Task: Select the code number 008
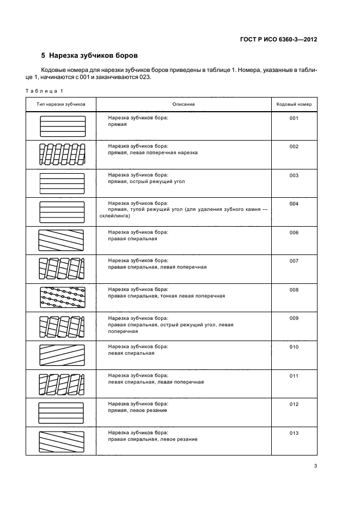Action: (294, 290)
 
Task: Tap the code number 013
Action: (294, 433)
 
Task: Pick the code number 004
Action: (294, 204)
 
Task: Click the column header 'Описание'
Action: (184, 104)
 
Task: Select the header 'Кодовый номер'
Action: (294, 104)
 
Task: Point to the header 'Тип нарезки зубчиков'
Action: (62, 104)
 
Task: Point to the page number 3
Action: (315, 465)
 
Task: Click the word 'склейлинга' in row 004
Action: (113, 216)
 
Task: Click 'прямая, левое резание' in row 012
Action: (137, 410)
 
